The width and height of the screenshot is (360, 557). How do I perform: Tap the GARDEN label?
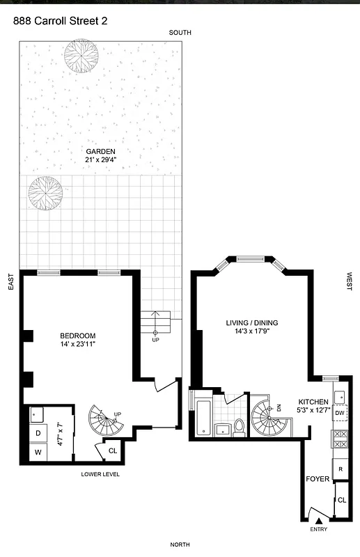coord(100,152)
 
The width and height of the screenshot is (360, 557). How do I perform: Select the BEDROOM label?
coord(77,336)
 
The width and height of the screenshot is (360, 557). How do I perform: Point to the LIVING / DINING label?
coord(251,322)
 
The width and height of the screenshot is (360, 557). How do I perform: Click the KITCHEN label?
coord(313,402)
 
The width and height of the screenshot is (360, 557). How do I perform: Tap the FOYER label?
coord(318,479)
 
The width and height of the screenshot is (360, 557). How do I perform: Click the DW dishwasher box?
coord(339,414)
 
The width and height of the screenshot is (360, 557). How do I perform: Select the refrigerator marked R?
coord(341,469)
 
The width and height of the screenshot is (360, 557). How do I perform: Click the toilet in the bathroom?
coord(239,426)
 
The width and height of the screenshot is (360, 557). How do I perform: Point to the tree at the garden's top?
coord(79,56)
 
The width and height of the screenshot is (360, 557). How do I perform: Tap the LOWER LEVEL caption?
coord(100,474)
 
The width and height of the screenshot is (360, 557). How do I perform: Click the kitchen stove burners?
coord(341,440)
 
